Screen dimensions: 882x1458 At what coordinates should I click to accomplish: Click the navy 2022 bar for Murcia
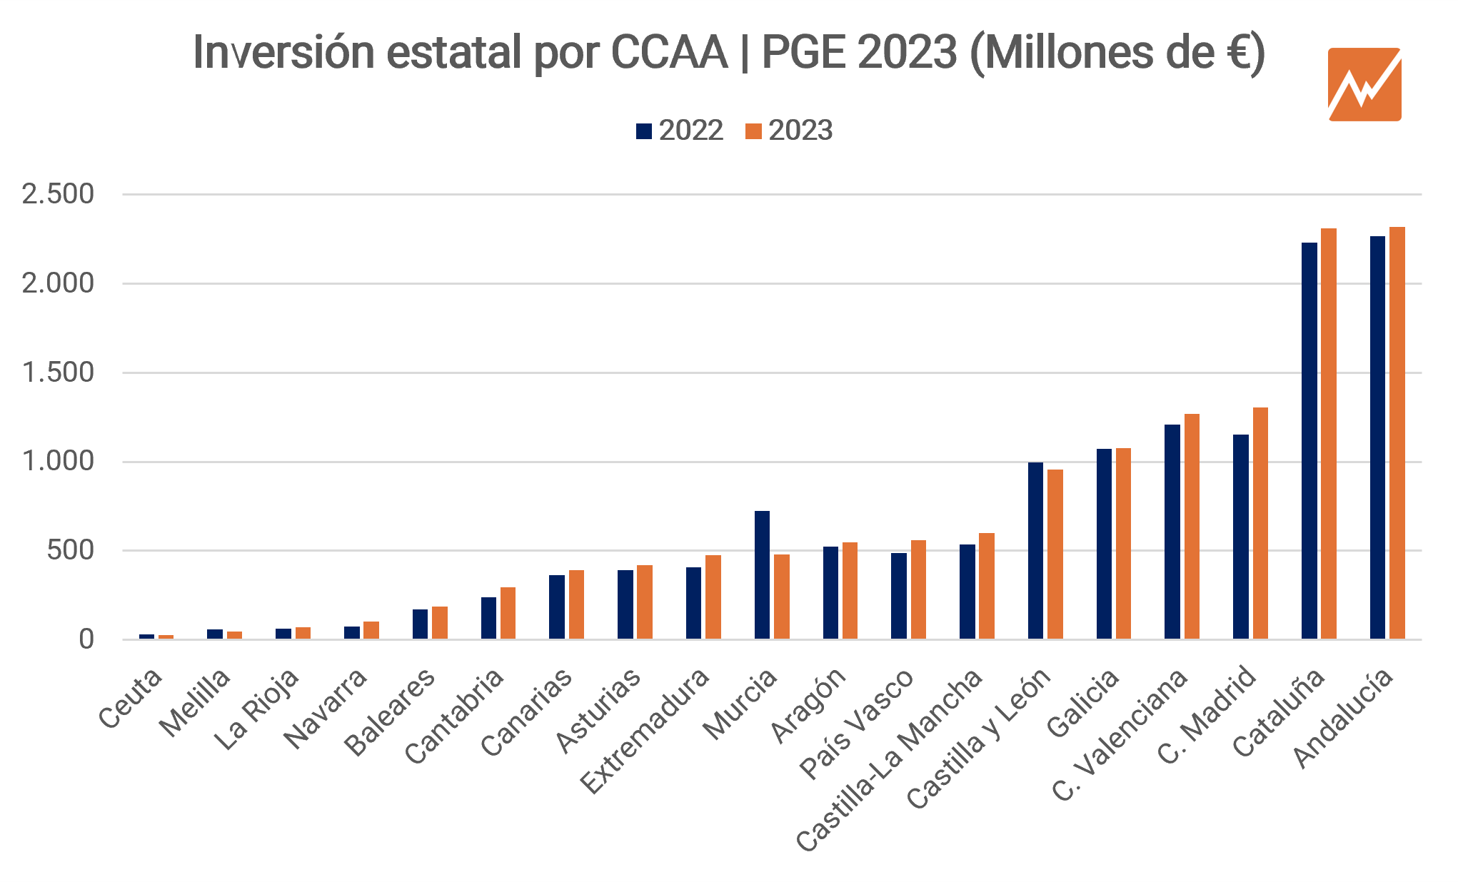[x=762, y=574]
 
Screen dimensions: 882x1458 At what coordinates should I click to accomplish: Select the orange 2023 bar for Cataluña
[x=1328, y=433]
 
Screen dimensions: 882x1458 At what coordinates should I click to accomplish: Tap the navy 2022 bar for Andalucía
[x=1377, y=437]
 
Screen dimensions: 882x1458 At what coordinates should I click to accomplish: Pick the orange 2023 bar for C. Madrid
[x=1260, y=522]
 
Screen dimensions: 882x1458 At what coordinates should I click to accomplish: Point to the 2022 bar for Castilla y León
[x=1035, y=550]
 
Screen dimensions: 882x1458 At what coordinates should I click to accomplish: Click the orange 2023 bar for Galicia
[x=1123, y=543]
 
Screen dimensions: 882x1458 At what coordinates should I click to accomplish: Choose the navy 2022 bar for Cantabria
[x=488, y=617]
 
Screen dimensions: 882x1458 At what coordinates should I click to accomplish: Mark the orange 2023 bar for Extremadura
[x=713, y=597]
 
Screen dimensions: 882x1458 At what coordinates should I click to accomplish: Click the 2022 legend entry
[x=680, y=131]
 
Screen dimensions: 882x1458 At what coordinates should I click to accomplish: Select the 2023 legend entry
[x=789, y=131]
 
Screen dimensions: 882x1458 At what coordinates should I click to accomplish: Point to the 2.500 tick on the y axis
[x=58, y=194]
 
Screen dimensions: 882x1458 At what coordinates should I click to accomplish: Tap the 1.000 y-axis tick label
[x=58, y=462]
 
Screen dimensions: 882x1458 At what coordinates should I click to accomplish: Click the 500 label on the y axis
[x=70, y=550]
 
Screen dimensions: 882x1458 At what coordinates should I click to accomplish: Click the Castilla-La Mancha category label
[x=889, y=760]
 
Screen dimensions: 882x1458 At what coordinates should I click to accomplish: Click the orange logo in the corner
[x=1364, y=84]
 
